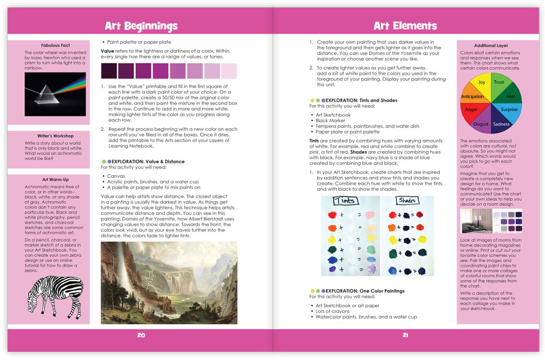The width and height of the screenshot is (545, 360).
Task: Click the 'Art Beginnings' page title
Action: (x=141, y=26)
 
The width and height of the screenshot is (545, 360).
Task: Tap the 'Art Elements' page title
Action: (x=405, y=26)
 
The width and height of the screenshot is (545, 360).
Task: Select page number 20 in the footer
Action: (x=141, y=335)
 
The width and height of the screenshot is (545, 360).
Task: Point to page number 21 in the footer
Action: (x=405, y=335)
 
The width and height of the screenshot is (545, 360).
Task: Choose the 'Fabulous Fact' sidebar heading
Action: (x=57, y=45)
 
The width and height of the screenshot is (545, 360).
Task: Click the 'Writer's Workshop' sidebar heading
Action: (x=57, y=136)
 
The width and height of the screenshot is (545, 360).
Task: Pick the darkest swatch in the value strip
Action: (x=109, y=71)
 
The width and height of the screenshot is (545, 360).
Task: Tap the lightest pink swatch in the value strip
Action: (x=229, y=71)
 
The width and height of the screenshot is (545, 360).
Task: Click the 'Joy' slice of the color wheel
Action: (x=481, y=83)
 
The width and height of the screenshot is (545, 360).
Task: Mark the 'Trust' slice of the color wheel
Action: (x=499, y=83)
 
